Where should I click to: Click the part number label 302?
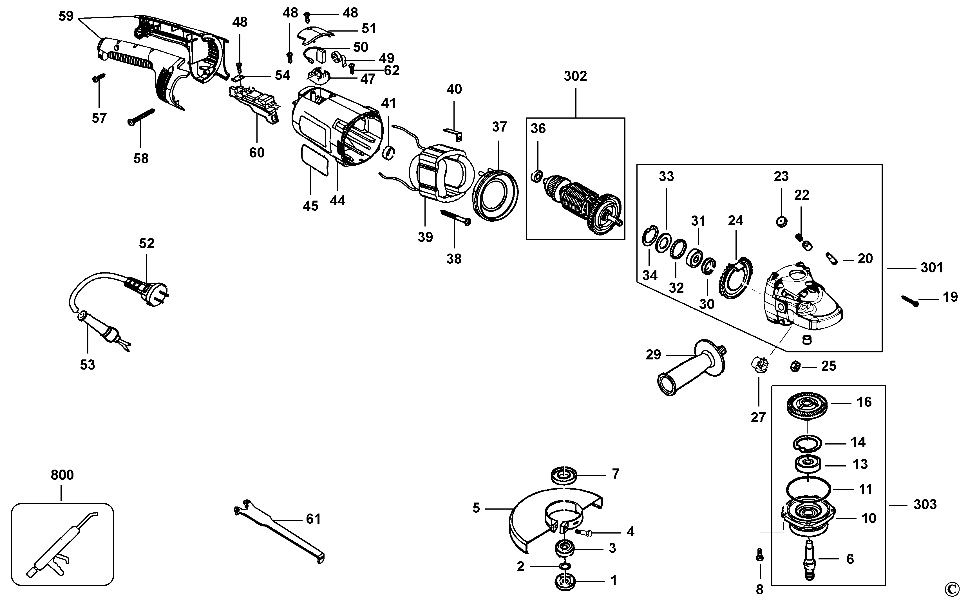(x=575, y=76)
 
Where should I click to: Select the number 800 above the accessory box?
(x=62, y=475)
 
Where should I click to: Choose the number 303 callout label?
(x=925, y=504)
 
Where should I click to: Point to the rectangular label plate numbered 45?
(x=316, y=160)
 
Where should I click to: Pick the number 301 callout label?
(x=931, y=268)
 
